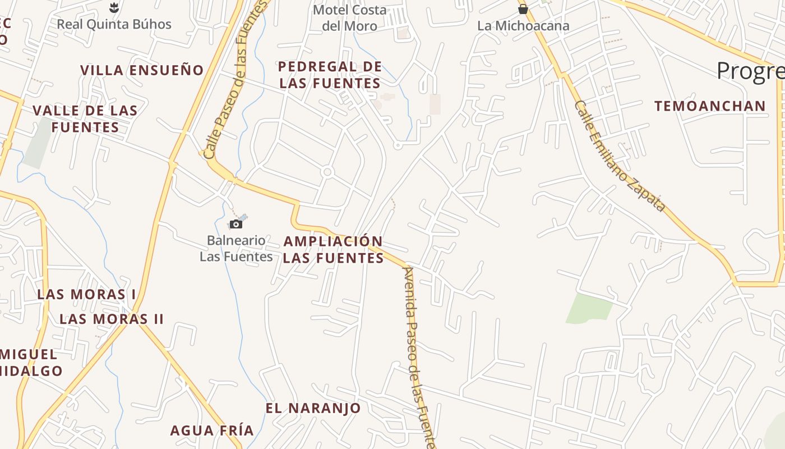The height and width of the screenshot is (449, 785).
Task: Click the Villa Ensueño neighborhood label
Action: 142,70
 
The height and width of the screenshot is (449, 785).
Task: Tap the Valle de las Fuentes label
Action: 85,118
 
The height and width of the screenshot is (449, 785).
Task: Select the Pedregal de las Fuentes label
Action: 330,75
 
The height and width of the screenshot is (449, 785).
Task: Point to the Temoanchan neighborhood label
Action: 710,106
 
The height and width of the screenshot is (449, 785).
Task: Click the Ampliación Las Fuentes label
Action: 333,250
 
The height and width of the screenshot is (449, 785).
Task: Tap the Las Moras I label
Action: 86,294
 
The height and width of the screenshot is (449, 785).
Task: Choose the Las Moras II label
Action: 112,319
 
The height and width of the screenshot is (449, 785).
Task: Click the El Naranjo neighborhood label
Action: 313,408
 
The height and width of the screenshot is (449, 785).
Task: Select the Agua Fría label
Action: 212,430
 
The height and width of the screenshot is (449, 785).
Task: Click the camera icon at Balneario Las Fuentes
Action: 236,224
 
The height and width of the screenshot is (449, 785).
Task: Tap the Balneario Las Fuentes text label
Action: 236,249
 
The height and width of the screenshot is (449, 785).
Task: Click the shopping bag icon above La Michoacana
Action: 523,9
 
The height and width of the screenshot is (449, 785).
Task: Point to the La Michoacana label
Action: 523,26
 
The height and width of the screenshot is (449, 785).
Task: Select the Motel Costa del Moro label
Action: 350,18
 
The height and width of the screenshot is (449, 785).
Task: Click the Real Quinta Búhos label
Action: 114,24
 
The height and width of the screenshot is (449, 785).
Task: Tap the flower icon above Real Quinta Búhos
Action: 114,7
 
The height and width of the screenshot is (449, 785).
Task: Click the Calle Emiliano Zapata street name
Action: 620,157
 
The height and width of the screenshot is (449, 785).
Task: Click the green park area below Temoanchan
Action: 589,308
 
